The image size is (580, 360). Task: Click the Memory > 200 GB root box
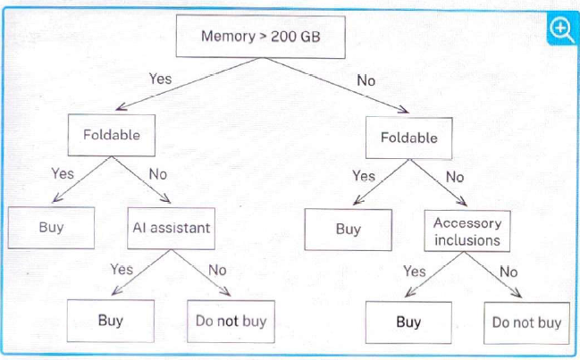pos(261,37)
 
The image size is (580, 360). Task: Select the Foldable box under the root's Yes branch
pos(112,135)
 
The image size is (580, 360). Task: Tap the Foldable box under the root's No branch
pos(408,138)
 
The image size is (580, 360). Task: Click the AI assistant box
pos(172,228)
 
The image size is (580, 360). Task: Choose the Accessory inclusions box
pos(467,231)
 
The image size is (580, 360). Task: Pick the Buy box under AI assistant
pos(111,321)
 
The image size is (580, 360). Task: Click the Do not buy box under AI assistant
pos(231,322)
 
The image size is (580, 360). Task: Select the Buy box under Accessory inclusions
pos(408,322)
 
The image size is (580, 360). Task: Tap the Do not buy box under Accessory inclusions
pos(526,323)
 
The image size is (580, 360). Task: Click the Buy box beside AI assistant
pos(51,227)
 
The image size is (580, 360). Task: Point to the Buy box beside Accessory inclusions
pos(348,230)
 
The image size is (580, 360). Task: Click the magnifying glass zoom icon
pos(561,29)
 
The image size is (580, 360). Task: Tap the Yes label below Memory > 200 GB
pos(160,79)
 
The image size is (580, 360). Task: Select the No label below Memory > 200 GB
pos(366,81)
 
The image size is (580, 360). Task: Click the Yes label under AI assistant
pos(122,270)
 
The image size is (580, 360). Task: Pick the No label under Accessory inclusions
pos(509,272)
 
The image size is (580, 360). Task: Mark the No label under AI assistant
pos(217,270)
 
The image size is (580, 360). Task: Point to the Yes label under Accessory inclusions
pos(415,272)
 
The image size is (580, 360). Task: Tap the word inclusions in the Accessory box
pos(467,240)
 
